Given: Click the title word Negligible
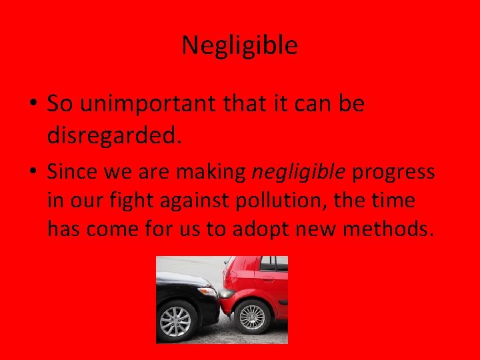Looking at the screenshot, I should [239, 45].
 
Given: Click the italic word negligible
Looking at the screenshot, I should [298, 173].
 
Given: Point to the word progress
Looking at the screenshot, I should [393, 173].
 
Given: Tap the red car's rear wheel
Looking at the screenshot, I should [253, 317].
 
